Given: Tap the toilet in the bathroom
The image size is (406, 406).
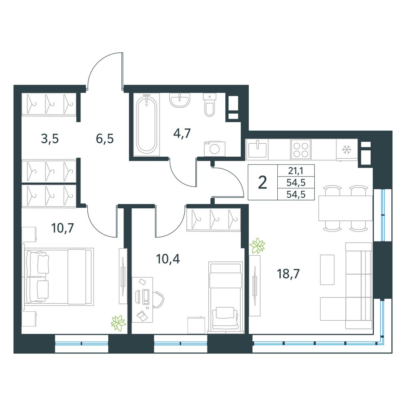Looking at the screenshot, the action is [x=209, y=105].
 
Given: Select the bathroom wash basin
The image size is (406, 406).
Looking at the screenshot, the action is [x=180, y=100].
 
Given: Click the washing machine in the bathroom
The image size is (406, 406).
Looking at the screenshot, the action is [x=215, y=149].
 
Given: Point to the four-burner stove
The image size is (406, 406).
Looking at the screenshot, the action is [x=300, y=149].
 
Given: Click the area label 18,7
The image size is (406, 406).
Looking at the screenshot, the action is [x=288, y=273].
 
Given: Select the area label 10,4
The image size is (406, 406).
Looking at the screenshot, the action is [x=168, y=259].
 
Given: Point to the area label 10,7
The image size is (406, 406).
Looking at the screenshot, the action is [x=63, y=228].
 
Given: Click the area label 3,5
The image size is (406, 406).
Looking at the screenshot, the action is [x=50, y=138].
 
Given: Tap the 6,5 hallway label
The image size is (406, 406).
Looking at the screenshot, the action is [x=105, y=138].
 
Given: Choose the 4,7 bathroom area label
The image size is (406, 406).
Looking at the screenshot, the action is [x=182, y=133].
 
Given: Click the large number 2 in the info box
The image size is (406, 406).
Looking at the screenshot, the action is [x=263, y=183].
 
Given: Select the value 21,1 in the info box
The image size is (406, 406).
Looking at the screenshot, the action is [x=296, y=171].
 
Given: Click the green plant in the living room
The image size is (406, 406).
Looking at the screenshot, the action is [x=257, y=245].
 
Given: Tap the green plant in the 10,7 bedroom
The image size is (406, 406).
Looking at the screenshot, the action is [x=118, y=323].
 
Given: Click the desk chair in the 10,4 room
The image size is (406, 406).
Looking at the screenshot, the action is [x=158, y=300].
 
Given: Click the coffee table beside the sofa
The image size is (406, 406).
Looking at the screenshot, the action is [x=327, y=270].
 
